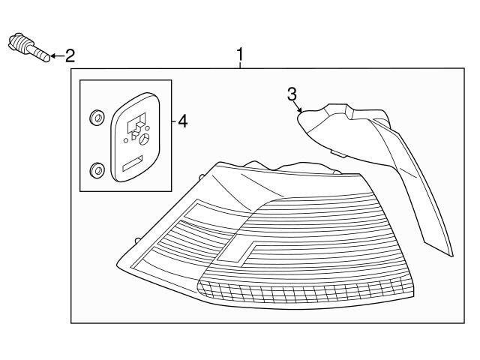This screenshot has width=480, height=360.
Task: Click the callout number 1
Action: [240, 55]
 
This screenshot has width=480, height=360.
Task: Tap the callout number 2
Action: [69, 55]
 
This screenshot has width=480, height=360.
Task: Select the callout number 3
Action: [292, 94]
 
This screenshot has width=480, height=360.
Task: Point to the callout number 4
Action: [182, 121]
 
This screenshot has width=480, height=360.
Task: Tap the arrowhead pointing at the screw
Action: [54, 55]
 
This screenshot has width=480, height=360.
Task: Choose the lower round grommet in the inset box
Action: [96, 170]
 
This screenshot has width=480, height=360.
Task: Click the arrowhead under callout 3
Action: [300, 111]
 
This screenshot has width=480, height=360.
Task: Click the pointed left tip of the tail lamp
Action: [118, 264]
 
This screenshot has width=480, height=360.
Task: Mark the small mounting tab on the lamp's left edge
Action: [137, 240]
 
